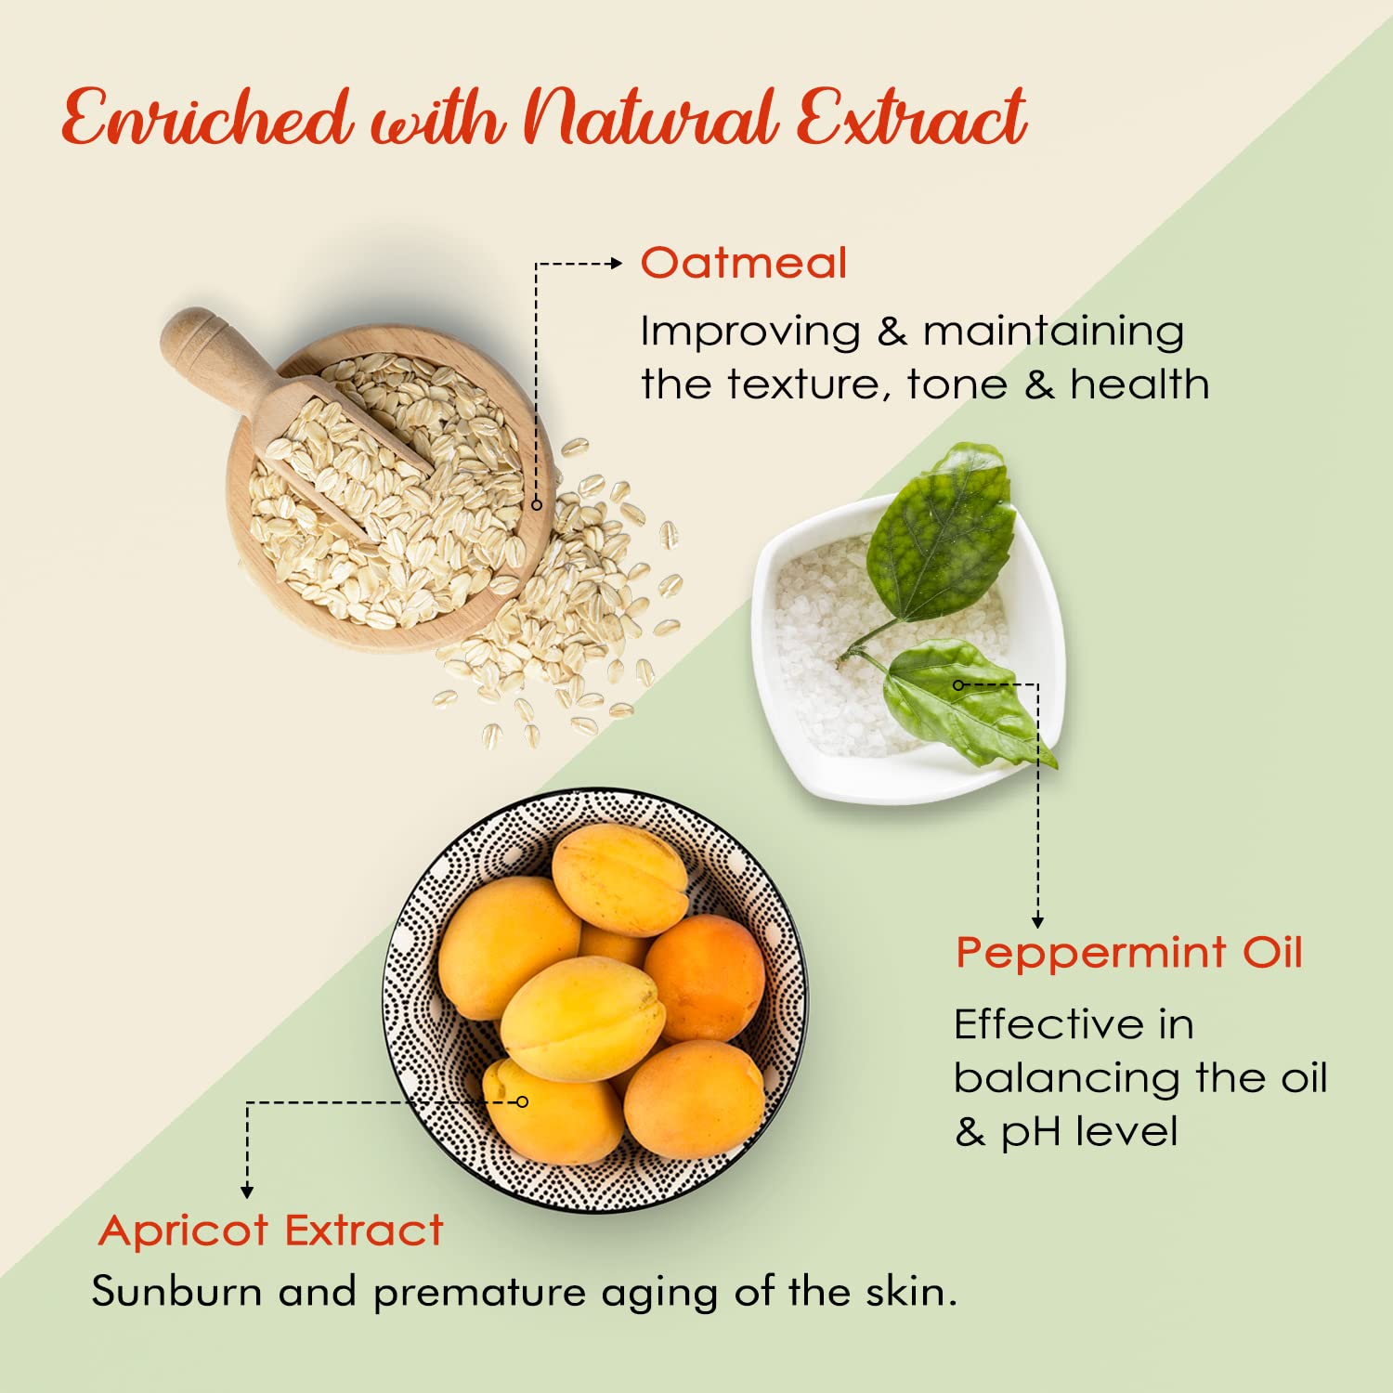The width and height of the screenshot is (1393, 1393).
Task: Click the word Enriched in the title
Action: (207, 118)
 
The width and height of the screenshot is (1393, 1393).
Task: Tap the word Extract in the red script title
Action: (911, 118)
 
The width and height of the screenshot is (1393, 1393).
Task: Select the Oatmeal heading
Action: (744, 263)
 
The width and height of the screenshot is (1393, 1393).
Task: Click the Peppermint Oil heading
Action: (1129, 954)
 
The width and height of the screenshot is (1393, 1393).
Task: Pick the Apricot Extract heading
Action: (271, 1231)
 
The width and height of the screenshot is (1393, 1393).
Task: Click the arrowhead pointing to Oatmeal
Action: (615, 264)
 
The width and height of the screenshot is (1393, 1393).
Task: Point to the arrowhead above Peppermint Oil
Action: (1037, 920)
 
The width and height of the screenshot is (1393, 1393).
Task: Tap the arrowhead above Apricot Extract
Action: (247, 1191)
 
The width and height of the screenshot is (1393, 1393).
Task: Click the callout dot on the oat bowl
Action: (536, 504)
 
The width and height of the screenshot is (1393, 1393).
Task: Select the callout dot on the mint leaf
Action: (958, 685)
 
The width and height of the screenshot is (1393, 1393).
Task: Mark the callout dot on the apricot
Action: (522, 1101)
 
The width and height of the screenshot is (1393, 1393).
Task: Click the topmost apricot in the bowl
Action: (620, 879)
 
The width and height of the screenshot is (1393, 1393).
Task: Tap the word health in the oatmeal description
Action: (1139, 384)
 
